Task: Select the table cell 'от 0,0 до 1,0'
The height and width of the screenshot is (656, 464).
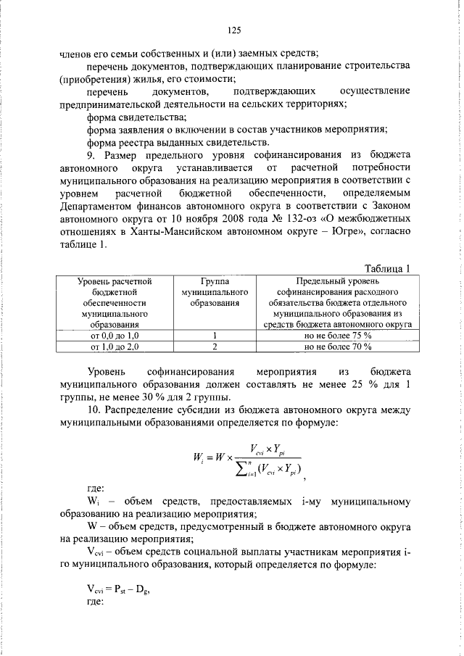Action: point(115,336)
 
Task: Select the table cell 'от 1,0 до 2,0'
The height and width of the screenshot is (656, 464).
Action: point(115,347)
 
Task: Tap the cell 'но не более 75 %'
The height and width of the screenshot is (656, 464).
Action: point(338,336)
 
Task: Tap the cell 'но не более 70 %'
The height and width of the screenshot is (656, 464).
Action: point(338,347)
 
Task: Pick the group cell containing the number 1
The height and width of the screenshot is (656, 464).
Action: point(215,336)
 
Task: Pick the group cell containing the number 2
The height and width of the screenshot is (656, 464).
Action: point(215,347)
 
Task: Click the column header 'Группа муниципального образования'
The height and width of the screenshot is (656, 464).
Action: point(215,291)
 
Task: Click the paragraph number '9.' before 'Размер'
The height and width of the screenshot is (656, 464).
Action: point(91,154)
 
